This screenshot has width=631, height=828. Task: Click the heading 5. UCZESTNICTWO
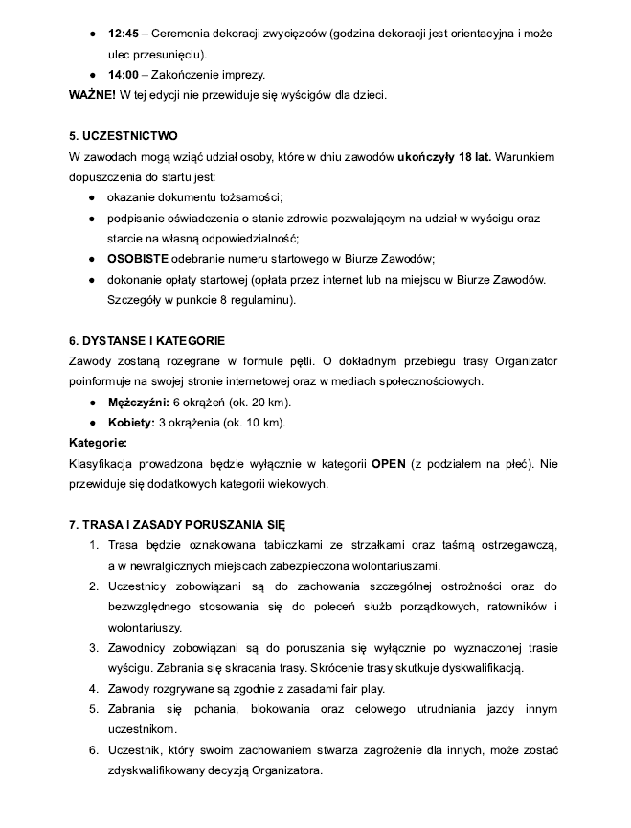click(124, 136)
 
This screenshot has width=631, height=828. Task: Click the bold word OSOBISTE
click(138, 259)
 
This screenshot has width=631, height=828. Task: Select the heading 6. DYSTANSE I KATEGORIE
click(147, 340)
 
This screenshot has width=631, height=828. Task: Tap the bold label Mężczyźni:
click(138, 402)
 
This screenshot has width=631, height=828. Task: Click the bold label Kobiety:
click(131, 423)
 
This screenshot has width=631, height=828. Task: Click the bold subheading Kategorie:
click(98, 443)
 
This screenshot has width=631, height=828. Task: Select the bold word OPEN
click(389, 464)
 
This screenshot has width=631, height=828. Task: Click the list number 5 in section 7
click(94, 708)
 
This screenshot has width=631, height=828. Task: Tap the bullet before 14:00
click(91, 74)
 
